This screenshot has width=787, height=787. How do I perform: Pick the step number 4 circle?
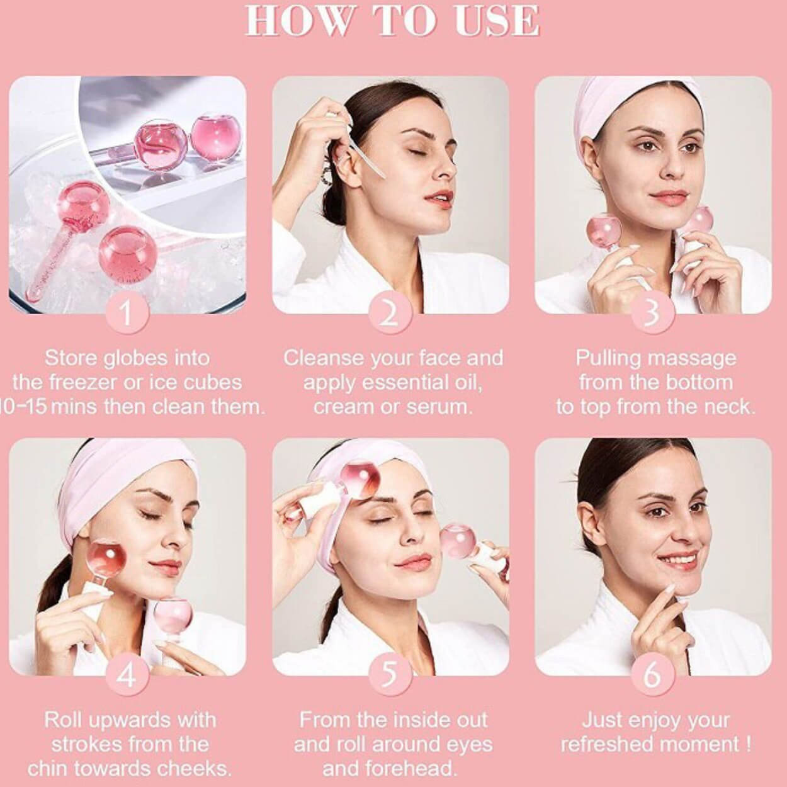tap(127, 675)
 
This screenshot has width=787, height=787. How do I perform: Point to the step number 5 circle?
tap(390, 675)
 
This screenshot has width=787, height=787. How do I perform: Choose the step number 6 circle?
tap(652, 675)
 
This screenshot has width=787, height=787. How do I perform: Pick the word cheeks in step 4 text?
tap(195, 769)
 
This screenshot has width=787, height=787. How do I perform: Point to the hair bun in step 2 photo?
tap(334, 204)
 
